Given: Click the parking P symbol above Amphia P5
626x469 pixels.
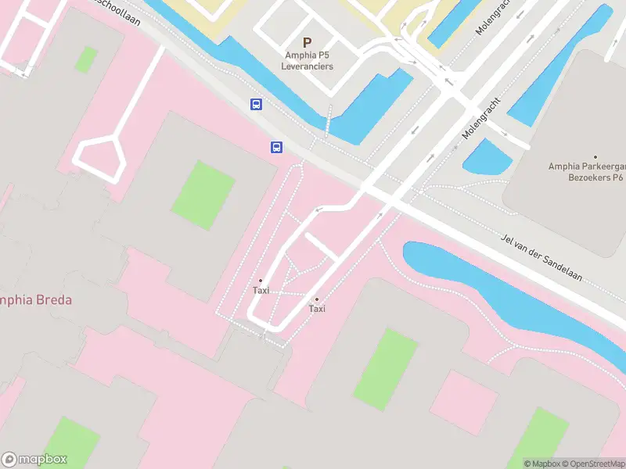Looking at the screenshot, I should point(307,42).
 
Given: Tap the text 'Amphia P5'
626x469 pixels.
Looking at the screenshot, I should point(307,55).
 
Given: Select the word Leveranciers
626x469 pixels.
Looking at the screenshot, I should point(308,66).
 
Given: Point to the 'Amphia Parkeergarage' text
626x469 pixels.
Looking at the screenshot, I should point(586,166).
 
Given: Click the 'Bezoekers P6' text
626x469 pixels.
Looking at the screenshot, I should point(595,177).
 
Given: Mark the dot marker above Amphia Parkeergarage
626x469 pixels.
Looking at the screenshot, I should point(595,157).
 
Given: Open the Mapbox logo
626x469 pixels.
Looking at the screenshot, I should point(34,459).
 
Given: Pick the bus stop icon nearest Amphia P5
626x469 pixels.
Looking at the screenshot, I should point(256,104).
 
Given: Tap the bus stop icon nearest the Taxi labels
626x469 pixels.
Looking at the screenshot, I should point(277,147).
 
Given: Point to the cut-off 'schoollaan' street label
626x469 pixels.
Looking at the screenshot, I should point(117,11).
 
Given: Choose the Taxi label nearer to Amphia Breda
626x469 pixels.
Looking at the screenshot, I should point(261,290).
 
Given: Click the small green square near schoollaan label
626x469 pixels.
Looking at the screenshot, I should point(86,59).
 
